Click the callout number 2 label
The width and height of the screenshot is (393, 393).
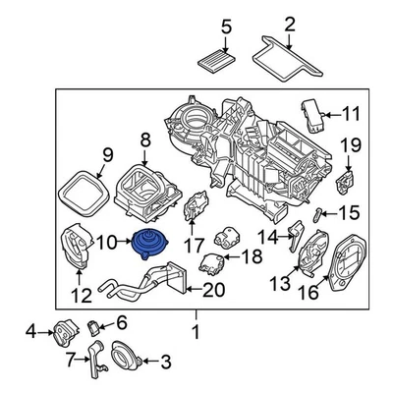[x=290, y=24]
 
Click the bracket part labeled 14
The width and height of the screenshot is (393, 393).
[x=295, y=237]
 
